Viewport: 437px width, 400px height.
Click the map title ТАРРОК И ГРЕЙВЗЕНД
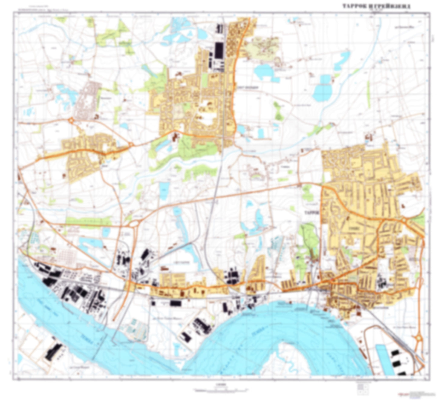[x=376, y=6]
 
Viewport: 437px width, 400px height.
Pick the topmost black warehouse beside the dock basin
[x=395, y=353]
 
